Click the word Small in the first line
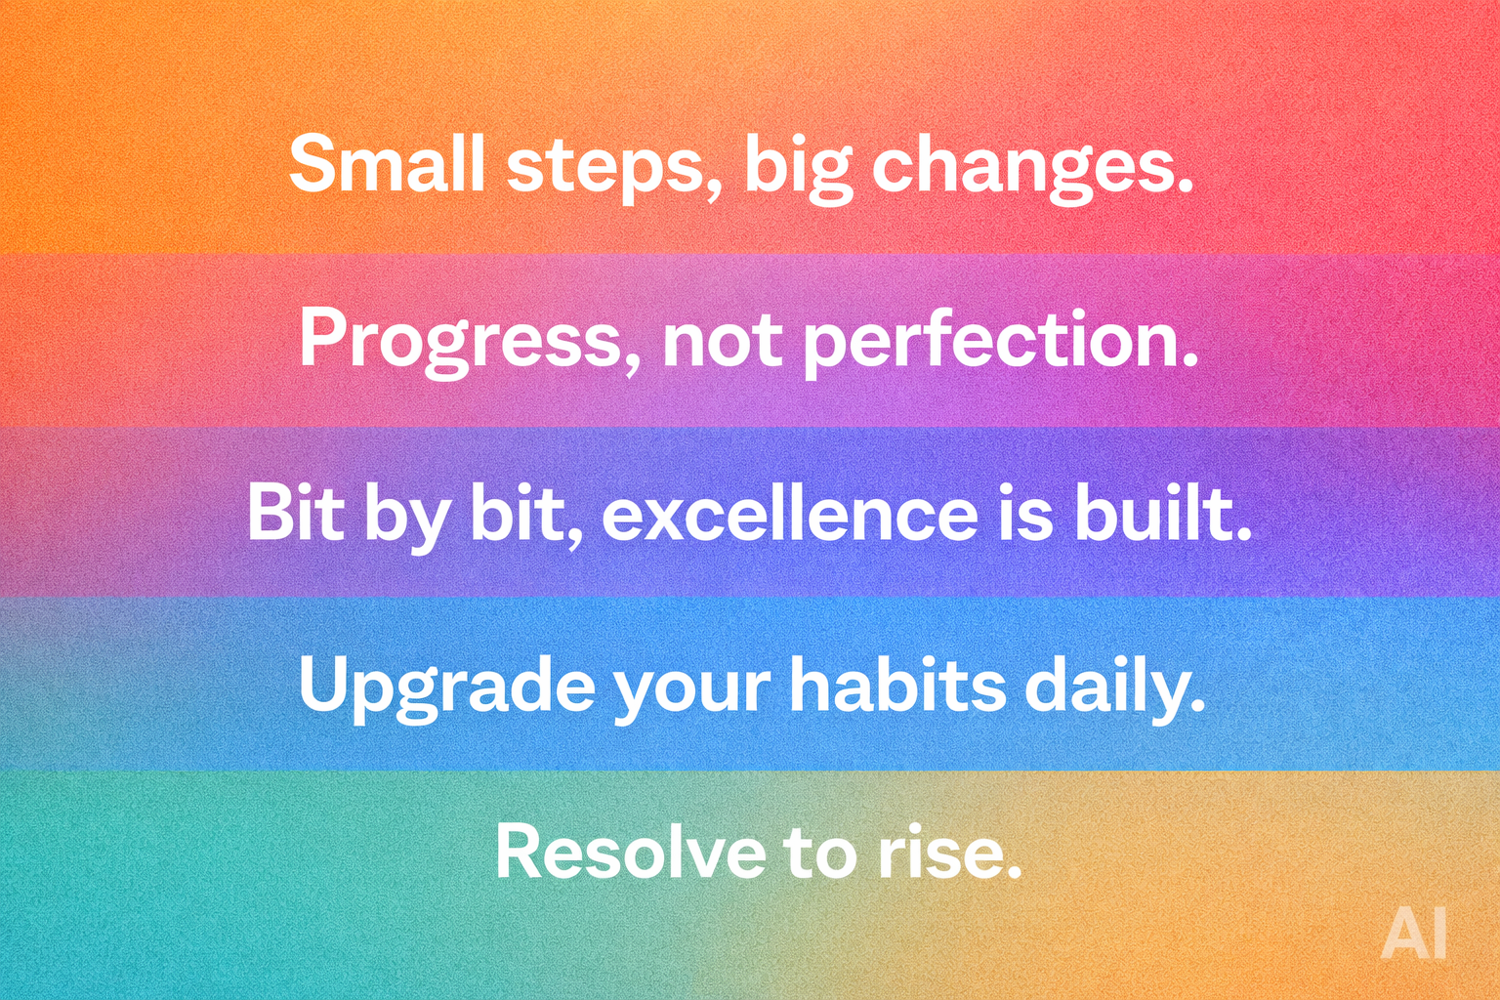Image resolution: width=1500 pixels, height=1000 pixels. (x=386, y=163)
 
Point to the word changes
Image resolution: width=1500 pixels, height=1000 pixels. (x=1031, y=166)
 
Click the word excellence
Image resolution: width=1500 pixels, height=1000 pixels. (x=789, y=514)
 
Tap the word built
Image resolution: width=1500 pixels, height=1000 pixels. (x=1162, y=514)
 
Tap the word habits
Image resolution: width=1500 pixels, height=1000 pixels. (x=896, y=685)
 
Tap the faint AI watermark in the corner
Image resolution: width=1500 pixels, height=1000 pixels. (x=1413, y=935)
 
